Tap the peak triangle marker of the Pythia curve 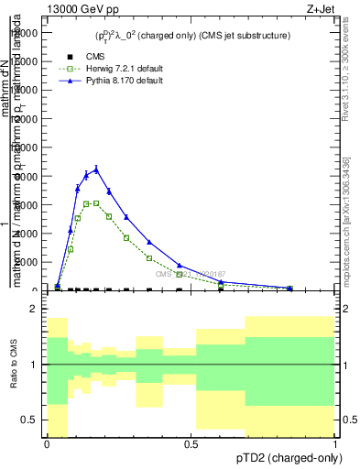(x=96, y=169)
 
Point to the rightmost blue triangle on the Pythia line (x=289, y=288)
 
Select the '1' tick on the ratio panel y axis (x=33, y=365)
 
